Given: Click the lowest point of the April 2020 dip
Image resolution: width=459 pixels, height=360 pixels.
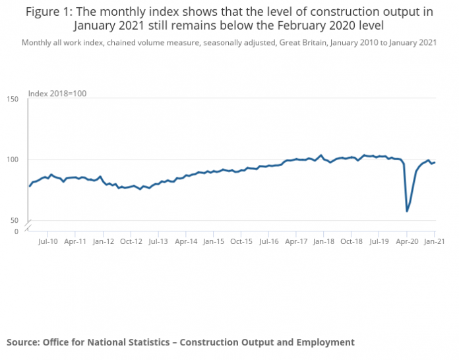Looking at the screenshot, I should tap(407, 211).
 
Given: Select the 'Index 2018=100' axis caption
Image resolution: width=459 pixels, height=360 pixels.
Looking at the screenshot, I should tap(57, 94).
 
